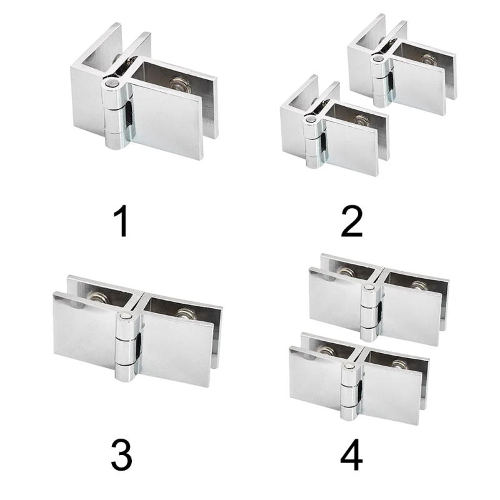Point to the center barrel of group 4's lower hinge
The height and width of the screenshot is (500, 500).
(348, 386)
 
